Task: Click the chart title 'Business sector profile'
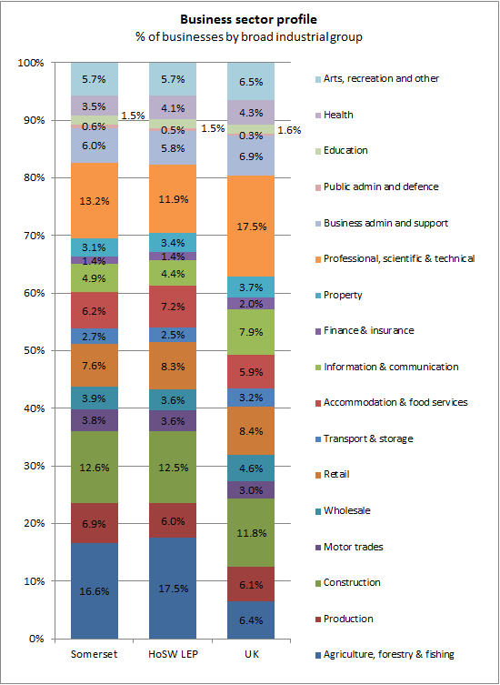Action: [249, 18]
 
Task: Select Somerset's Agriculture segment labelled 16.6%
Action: [95, 590]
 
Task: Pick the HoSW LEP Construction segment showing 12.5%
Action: [173, 468]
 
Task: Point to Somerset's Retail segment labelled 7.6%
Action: [95, 366]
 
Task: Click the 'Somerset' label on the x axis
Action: [95, 653]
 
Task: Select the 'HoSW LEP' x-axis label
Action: [173, 653]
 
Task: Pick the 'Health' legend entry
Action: [337, 115]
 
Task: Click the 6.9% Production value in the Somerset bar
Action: [95, 523]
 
